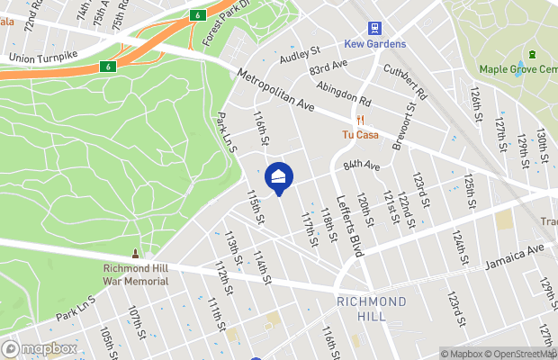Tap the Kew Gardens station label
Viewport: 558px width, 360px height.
374,44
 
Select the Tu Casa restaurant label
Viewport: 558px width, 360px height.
359,135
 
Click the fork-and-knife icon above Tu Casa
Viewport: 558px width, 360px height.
359,120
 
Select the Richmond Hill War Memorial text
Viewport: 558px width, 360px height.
136,274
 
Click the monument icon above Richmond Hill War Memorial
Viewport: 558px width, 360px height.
136,255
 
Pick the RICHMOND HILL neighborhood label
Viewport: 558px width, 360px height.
372,309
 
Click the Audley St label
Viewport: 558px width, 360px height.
300,55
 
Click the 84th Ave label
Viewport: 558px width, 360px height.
361,166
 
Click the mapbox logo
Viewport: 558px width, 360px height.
40,348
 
